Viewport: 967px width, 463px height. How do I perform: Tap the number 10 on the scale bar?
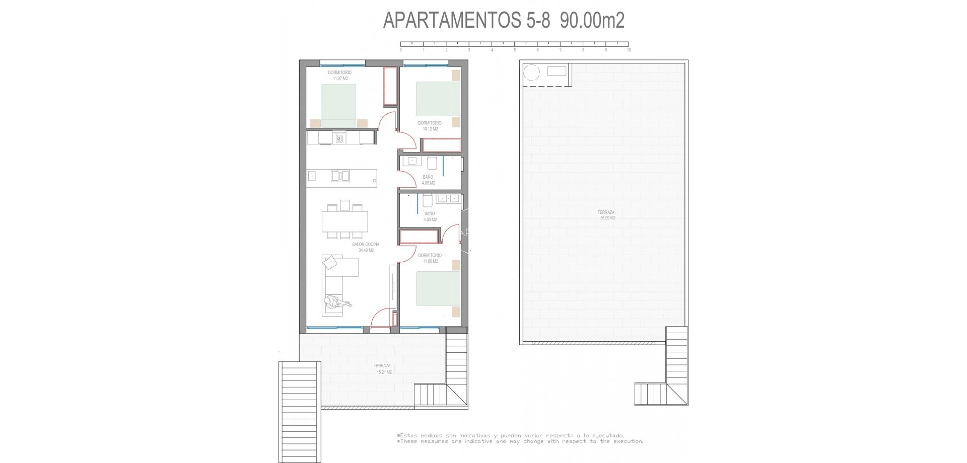pos(629,50)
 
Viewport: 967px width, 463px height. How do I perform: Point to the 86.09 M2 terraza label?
pos(607,215)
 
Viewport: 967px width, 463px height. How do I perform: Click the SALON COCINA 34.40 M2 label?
pos(366,247)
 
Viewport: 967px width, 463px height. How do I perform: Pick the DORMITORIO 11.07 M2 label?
pos(340,75)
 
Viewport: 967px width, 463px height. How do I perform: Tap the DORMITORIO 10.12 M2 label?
pos(430,126)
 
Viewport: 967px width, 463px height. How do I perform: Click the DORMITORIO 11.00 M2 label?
pos(430,258)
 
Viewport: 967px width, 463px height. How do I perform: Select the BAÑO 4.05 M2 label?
pos(428,180)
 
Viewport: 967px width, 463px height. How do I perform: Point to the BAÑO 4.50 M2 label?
pos(430,216)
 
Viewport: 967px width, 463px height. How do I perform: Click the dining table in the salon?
pos(344,221)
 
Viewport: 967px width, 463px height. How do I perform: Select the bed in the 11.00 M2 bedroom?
pos(438,288)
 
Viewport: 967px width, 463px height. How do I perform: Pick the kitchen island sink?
pos(340,176)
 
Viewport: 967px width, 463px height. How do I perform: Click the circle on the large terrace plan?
pos(531,73)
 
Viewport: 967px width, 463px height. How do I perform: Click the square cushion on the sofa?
pos(331,262)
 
